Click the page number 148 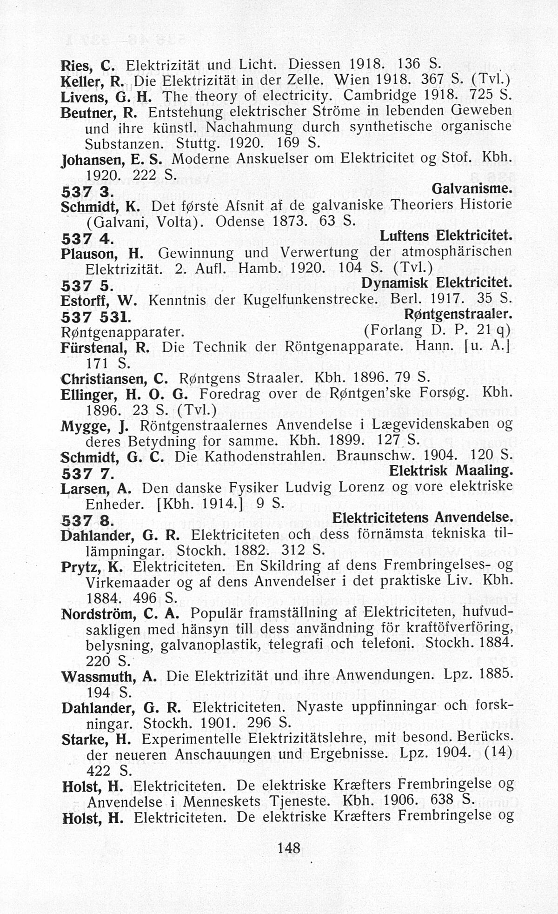click(x=288, y=847)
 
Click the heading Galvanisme click(x=472, y=189)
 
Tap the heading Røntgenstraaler click(x=458, y=315)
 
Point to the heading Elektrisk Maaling click(x=451, y=471)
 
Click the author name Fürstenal click(x=95, y=348)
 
